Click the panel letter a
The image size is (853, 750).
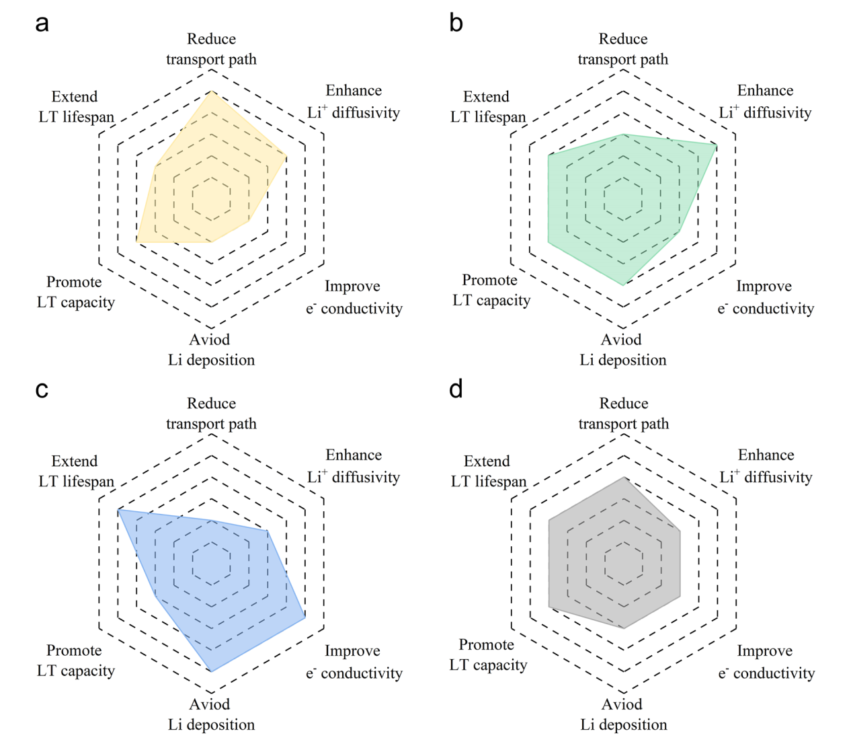click(42, 23)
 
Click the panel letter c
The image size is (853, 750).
click(42, 389)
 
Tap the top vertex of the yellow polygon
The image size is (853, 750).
click(212, 91)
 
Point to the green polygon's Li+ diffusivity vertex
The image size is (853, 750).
click(717, 145)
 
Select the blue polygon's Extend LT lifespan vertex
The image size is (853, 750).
click(118, 510)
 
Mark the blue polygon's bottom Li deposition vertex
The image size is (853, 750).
click(212, 671)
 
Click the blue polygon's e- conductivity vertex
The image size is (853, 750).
click(305, 617)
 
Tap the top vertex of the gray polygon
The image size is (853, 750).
click(624, 477)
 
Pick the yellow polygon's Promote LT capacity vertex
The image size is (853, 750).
click(136, 242)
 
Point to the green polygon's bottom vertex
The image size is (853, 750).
click(624, 285)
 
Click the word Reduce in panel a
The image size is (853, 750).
click(211, 39)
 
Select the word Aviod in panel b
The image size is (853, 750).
click(621, 340)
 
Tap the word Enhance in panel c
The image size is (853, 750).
click(354, 455)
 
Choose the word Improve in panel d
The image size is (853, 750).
click(764, 651)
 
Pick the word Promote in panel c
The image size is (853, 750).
click(74, 650)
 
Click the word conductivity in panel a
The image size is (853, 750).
click(362, 309)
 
